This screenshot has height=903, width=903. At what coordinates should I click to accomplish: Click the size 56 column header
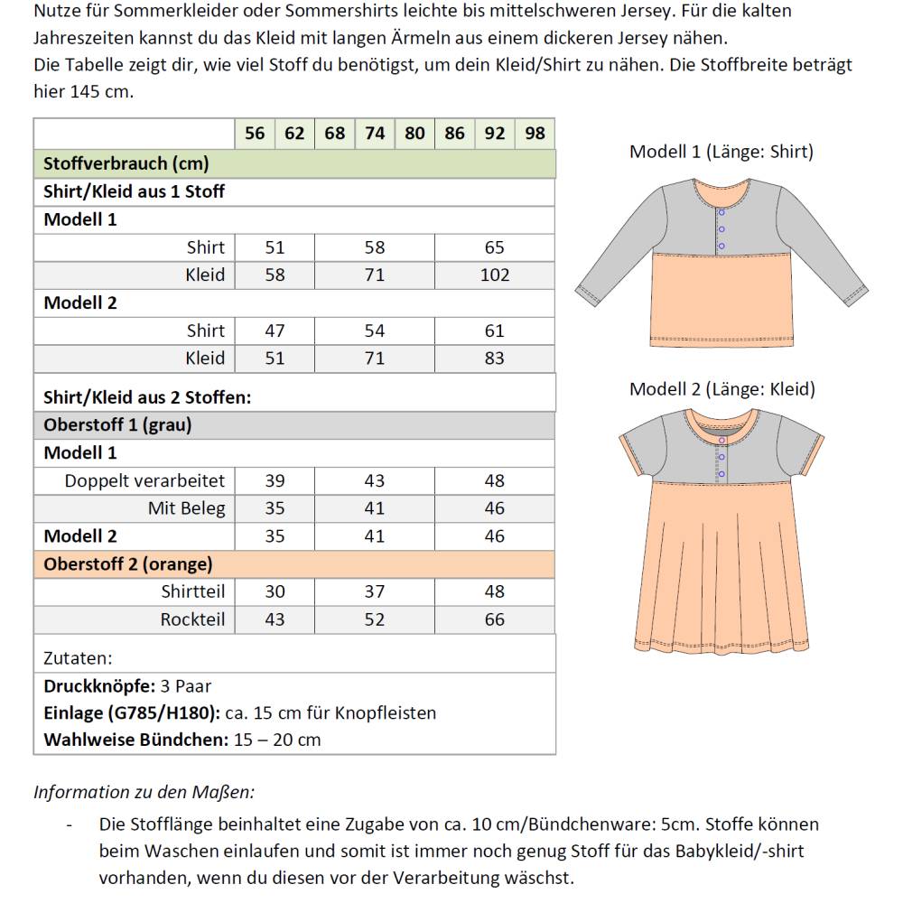(x=255, y=134)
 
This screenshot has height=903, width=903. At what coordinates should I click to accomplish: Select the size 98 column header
(x=535, y=134)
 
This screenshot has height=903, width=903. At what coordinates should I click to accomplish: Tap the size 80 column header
(x=414, y=134)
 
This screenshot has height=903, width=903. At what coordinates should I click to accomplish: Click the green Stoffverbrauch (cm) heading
(x=126, y=163)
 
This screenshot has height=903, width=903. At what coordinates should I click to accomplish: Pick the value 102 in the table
(x=495, y=275)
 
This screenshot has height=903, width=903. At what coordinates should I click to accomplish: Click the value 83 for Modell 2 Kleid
(x=495, y=358)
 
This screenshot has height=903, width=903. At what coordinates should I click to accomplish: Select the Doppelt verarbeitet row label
(x=144, y=481)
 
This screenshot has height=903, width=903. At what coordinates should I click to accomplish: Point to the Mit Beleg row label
(x=186, y=508)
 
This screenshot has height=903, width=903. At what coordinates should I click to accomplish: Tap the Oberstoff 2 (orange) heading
(x=128, y=564)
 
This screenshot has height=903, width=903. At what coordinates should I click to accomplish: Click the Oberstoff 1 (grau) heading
(x=117, y=425)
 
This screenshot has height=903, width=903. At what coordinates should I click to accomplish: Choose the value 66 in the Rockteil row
(x=495, y=620)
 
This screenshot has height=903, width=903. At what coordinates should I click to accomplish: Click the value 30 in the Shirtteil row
(x=275, y=592)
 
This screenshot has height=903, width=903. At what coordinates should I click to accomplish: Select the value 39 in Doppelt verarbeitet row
(x=275, y=481)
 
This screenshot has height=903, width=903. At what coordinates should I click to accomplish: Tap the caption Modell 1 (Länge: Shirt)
(x=721, y=152)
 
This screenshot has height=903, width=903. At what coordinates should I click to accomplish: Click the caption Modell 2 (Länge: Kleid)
(x=721, y=389)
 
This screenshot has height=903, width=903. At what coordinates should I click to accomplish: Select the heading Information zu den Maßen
(x=144, y=792)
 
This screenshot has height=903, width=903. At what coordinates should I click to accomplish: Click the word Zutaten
(x=78, y=658)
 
